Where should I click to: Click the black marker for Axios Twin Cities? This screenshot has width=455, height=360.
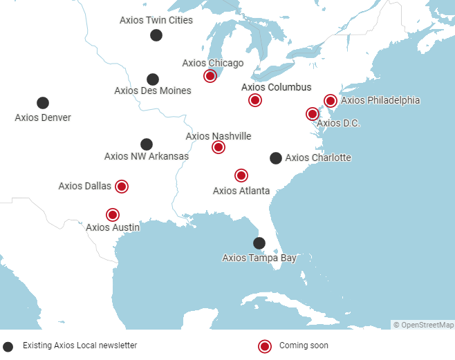tap(156, 35)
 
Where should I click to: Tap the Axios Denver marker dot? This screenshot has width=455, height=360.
tap(43, 103)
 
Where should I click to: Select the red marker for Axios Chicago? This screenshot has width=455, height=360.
tap(210, 76)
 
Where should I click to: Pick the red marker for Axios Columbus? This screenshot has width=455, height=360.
tap(255, 100)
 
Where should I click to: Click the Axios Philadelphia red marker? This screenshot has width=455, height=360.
tap(331, 101)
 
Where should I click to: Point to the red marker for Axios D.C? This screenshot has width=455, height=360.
tap(313, 114)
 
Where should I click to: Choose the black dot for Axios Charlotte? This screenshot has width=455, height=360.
tap(276, 158)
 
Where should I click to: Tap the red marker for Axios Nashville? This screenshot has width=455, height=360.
tap(219, 147)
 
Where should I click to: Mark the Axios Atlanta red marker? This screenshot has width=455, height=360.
tap(241, 176)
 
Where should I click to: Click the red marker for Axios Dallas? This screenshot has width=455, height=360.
tap(122, 186)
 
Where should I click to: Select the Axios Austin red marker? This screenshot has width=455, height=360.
tap(113, 215)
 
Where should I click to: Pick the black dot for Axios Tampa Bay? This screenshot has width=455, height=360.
tap(259, 243)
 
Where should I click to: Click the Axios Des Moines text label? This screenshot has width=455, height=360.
tap(153, 91)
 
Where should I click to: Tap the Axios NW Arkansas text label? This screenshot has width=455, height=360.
tap(147, 156)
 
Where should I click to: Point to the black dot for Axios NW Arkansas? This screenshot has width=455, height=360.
tap(147, 144)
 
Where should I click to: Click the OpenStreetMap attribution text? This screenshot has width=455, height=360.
tap(423, 325)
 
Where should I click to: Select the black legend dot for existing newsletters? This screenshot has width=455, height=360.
tap(8, 346)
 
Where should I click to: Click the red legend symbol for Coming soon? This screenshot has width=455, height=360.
tap(264, 346)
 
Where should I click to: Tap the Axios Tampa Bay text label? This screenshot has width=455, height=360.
tap(259, 258)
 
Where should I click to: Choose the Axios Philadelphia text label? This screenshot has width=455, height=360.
tap(380, 100)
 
